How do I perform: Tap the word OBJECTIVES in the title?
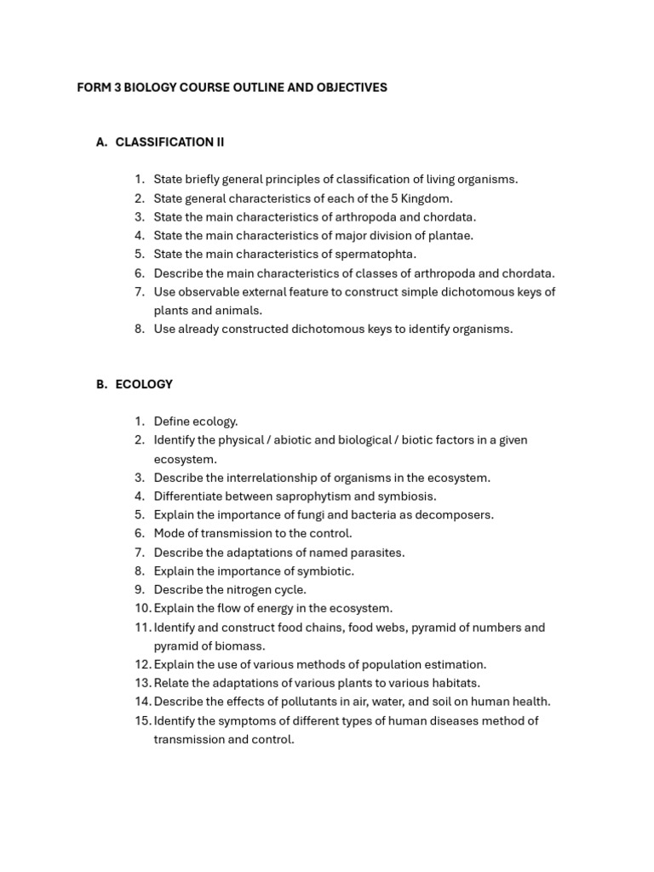350,88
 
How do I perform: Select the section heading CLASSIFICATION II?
169,142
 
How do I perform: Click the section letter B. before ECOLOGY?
101,384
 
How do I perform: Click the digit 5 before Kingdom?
394,198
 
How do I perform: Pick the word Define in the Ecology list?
171,422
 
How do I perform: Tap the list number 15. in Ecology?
141,721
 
